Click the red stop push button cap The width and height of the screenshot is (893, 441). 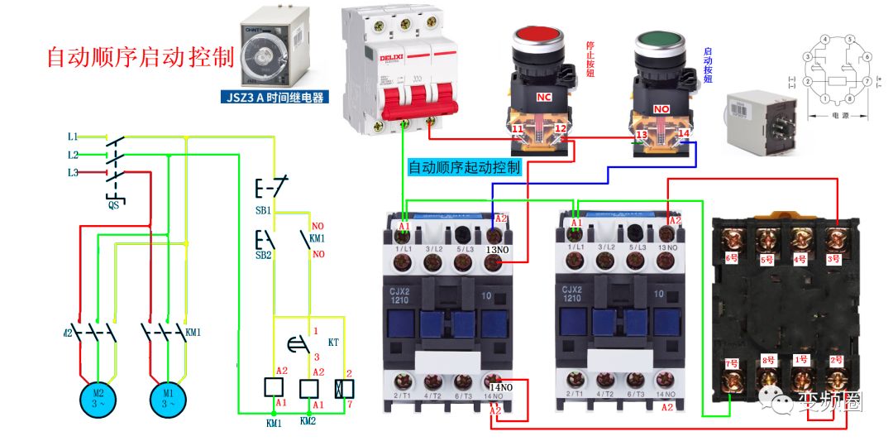click(538, 37)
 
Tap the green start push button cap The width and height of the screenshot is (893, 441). click(658, 40)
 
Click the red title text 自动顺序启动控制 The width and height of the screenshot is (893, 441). click(140, 56)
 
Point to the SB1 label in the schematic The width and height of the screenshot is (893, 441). click(263, 211)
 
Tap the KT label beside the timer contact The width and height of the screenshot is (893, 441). click(333, 342)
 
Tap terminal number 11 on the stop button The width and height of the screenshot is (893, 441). click(517, 130)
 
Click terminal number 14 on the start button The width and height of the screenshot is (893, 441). click(683, 132)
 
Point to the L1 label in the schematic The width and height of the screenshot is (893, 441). click(73, 136)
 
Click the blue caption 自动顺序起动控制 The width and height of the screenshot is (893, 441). click(465, 167)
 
